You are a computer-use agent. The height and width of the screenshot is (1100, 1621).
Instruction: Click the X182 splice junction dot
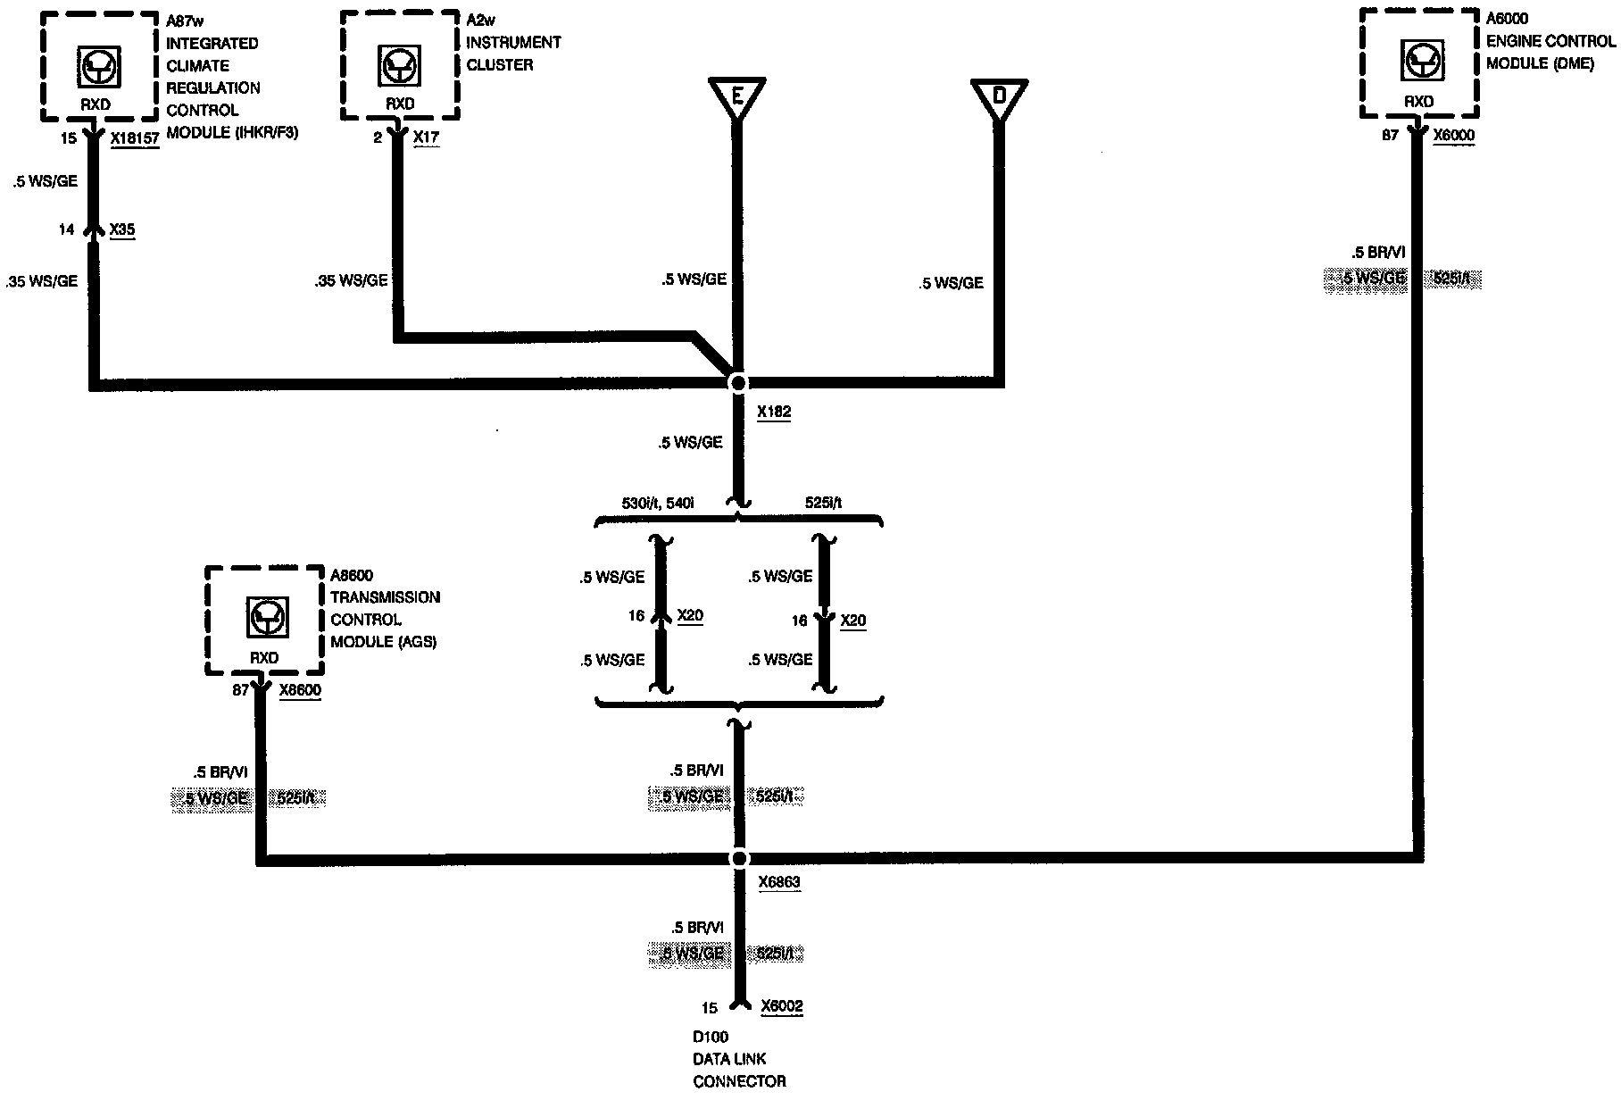[x=738, y=383]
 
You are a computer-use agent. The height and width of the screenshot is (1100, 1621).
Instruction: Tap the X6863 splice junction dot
[x=739, y=859]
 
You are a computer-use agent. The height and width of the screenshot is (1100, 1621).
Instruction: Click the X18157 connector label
[x=135, y=138]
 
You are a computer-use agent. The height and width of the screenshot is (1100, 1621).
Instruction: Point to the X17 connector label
[x=426, y=137]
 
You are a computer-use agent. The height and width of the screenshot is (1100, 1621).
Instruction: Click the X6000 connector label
[x=1453, y=136]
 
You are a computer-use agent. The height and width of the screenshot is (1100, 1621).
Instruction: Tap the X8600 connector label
[x=300, y=690]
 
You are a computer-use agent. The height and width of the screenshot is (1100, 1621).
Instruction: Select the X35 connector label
[x=122, y=230]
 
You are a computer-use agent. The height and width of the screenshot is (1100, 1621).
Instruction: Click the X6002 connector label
[x=782, y=1007]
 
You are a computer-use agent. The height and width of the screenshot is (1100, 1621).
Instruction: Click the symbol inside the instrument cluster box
[x=394, y=66]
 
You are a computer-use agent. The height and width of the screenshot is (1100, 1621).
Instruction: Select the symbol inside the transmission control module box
[x=264, y=616]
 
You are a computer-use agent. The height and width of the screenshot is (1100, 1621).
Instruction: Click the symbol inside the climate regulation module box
[x=96, y=66]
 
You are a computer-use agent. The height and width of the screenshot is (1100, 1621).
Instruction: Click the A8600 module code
[x=352, y=576]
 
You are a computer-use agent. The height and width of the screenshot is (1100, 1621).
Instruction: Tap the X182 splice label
[x=773, y=412]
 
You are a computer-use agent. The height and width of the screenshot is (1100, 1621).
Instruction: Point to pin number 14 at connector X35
[x=66, y=230]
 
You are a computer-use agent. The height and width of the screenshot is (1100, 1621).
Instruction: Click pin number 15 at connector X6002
[x=709, y=1008]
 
